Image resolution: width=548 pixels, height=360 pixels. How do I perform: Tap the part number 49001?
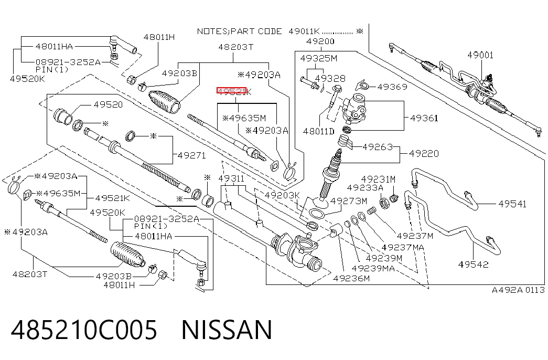480,55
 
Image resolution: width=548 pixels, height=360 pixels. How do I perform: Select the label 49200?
320,41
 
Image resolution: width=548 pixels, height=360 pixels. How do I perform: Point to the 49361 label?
424,118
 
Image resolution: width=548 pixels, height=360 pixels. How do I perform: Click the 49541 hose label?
512,204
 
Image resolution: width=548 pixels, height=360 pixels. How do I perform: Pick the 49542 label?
473,264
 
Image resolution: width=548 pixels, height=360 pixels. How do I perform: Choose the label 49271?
192,155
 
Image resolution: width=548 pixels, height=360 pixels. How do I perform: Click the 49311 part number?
231,179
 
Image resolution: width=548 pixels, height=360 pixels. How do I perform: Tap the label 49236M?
351,279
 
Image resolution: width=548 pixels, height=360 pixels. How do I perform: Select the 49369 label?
392,87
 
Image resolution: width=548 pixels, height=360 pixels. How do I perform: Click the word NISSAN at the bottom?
227,330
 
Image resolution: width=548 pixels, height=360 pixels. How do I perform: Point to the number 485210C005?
84,330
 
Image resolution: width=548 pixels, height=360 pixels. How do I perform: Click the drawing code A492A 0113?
518,290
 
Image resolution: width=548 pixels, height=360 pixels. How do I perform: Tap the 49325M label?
319,58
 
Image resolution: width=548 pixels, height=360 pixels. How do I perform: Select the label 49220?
424,154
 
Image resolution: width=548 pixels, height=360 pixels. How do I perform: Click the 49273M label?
348,201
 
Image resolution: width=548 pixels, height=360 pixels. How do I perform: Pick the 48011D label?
318,132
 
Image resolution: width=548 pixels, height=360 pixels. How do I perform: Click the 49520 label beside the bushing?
108,104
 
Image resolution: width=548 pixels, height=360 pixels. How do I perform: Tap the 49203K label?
282,195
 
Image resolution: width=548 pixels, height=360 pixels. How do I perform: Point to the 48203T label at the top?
236,47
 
